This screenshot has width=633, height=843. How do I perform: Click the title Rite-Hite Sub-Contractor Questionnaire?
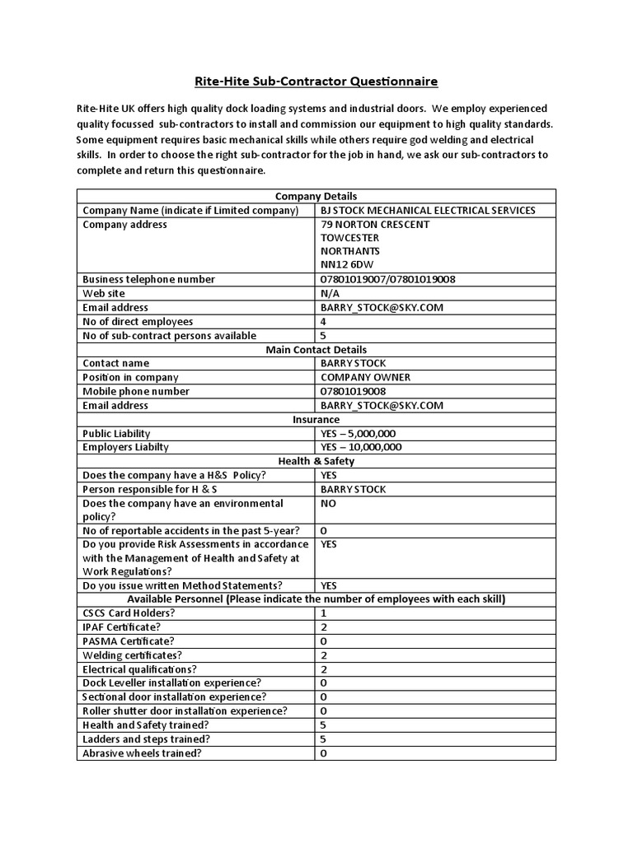(316, 82)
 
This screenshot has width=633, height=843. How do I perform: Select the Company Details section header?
(316, 196)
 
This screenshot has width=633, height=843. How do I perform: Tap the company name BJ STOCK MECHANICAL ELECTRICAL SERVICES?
(428, 210)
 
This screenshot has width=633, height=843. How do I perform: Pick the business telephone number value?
(387, 279)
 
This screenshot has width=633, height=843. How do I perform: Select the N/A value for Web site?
(331, 293)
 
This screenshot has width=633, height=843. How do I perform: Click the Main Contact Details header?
(316, 350)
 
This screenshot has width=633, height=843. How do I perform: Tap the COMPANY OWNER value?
(365, 378)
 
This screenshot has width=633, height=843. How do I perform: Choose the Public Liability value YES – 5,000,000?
(361, 434)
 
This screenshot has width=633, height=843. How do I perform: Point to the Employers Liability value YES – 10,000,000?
(361, 447)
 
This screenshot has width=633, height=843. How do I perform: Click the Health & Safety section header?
(316, 462)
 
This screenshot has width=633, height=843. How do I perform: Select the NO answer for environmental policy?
(329, 503)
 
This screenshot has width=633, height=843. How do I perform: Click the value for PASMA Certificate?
(324, 641)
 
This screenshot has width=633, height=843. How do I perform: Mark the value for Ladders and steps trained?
(324, 739)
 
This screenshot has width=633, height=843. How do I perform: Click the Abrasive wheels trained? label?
(142, 753)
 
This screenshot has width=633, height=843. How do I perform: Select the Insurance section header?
(316, 420)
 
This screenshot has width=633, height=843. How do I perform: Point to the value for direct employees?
(324, 321)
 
